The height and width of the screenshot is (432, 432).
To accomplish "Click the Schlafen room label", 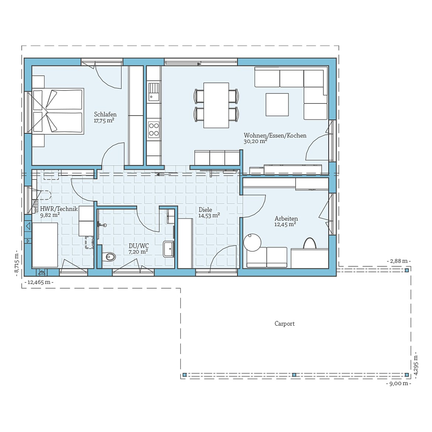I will point(105,114).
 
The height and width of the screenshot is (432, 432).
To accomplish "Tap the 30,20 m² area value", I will point(255,141).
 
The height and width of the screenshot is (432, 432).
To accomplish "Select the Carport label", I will point(284,324).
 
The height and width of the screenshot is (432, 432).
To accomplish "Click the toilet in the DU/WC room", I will point(109,256).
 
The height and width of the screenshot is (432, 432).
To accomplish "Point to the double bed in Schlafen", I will point(58,111).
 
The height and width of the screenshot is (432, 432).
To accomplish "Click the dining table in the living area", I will point(216,105).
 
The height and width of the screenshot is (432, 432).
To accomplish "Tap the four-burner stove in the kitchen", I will point(154,130).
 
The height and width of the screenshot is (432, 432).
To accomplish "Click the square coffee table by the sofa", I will point(277,104).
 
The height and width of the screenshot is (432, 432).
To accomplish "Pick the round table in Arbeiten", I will point(252,243).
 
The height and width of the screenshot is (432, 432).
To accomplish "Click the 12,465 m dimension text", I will point(39,282).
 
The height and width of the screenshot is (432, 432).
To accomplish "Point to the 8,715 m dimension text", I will point(16,263).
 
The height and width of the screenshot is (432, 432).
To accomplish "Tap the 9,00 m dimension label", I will point(398,384).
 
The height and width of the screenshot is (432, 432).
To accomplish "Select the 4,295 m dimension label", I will point(416,365).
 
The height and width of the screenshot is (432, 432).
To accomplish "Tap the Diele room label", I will point(205,210).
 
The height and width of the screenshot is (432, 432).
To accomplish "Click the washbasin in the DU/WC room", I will point(169,248).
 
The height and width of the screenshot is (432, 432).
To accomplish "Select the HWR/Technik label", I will point(59,209).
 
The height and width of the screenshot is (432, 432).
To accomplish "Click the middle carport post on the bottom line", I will point(294,375).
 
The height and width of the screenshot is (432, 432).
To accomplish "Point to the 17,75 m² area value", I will point(104,121).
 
